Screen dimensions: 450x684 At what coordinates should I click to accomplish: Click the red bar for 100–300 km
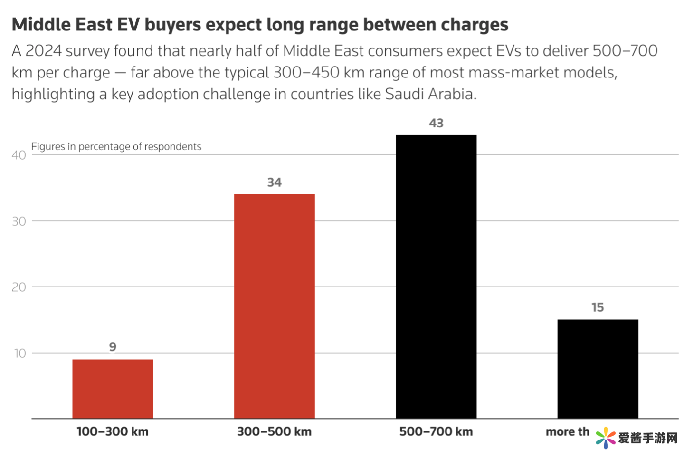coord(113,389)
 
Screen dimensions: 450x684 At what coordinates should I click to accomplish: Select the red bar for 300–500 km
coord(274,306)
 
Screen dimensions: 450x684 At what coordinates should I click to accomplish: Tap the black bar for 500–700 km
coord(436,277)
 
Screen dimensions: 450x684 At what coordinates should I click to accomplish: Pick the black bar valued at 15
coord(598,369)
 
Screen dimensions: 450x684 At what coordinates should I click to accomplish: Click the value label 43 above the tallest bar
coord(436,123)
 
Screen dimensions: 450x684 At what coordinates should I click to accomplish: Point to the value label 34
coord(274,182)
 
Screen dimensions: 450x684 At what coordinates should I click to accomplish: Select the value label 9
coord(113,347)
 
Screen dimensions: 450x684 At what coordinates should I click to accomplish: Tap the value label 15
coord(598,307)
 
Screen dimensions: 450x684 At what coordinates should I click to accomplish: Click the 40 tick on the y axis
coord(19,155)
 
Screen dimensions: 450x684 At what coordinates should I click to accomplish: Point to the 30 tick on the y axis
coord(19,221)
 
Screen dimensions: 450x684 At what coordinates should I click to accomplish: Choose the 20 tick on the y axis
coord(19,287)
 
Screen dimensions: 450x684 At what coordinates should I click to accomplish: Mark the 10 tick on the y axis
coord(20,353)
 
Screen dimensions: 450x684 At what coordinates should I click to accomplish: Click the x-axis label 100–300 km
coord(113,431)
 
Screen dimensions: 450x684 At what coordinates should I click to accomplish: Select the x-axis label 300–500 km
coord(274,431)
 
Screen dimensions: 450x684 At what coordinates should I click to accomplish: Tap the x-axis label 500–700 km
coord(436,431)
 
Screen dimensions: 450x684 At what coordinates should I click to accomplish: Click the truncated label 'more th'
coord(567,431)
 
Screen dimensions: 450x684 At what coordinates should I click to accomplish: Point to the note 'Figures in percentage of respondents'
coord(116,146)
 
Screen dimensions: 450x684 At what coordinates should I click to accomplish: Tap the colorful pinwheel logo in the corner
coord(605,437)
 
